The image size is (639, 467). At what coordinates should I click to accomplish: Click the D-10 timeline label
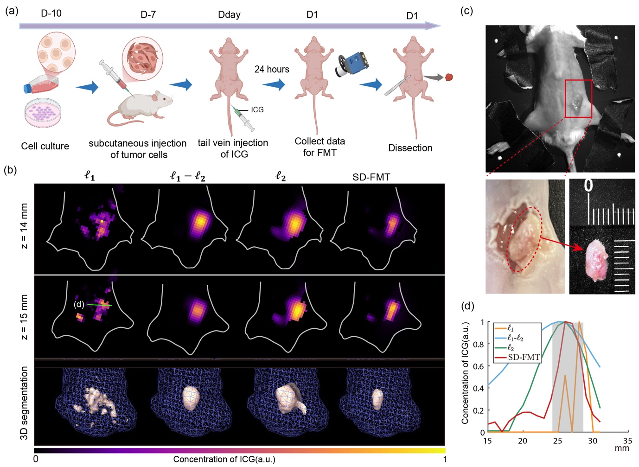click(51, 13)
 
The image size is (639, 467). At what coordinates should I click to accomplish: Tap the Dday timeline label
click(229, 15)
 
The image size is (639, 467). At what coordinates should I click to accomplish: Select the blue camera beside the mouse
click(352, 64)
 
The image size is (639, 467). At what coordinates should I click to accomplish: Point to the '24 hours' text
click(272, 70)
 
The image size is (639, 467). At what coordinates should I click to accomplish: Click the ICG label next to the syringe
click(257, 110)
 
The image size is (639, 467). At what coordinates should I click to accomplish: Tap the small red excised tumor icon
click(449, 77)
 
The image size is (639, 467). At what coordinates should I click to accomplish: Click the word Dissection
click(410, 148)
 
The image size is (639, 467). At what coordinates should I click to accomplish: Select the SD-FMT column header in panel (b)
click(371, 177)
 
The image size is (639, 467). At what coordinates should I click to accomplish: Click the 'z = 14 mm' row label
click(24, 226)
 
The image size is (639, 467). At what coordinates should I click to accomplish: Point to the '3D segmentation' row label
click(24, 403)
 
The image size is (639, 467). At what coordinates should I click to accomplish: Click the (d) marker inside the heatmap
click(79, 305)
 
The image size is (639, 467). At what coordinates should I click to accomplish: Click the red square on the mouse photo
click(578, 98)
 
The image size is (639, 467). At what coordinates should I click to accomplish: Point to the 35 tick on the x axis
click(627, 441)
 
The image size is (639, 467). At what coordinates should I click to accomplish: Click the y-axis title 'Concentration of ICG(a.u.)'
click(465, 373)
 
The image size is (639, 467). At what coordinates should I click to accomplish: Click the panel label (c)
click(466, 11)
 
